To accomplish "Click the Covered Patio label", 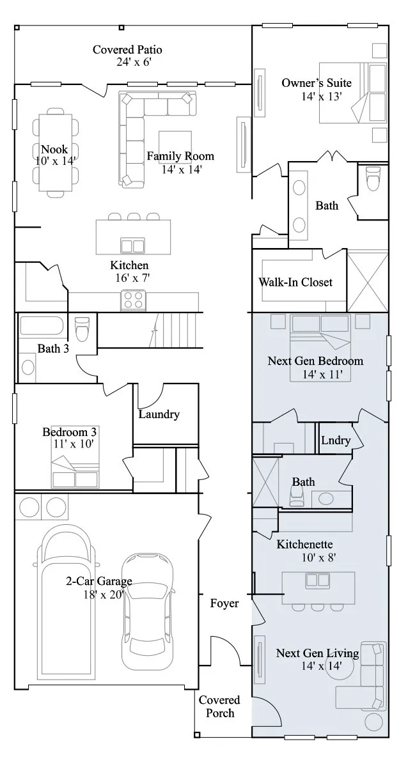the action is coord(127,50).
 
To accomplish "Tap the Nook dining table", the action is coord(56,152).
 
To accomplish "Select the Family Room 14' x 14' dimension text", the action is coord(182,169).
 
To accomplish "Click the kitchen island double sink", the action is coord(132,245).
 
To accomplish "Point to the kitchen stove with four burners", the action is coord(133,300).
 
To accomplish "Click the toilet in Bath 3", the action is coord(82,329).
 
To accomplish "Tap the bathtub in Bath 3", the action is coord(42,326).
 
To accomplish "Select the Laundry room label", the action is coord(159,414).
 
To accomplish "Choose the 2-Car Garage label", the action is coord(99,581).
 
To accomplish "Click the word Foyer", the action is coord(224,603).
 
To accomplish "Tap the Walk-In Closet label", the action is coord(295,282).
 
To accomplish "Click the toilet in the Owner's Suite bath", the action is coord(373,178).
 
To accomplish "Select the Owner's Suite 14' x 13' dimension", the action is coord(322,97).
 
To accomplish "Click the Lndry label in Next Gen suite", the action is coord(336,440).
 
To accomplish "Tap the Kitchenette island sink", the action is coord(318,580).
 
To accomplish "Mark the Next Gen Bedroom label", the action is coord(315,361).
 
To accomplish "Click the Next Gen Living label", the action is coord(318,653).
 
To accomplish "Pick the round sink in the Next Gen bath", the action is coord(326,499).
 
